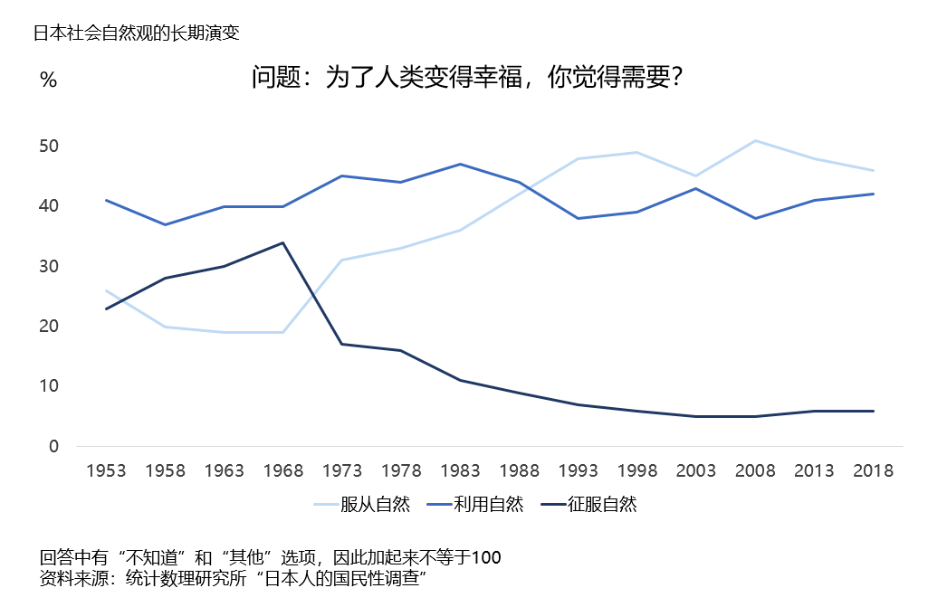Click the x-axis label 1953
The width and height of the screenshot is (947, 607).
[106, 471]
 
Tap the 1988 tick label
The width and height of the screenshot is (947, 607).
[520, 471]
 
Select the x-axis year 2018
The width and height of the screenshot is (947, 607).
[874, 471]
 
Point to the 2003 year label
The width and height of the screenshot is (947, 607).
[696, 471]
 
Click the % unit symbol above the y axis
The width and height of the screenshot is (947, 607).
[49, 81]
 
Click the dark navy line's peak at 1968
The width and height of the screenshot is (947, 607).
[283, 242]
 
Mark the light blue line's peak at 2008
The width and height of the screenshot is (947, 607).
[755, 140]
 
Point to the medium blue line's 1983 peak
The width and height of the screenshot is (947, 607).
[461, 164]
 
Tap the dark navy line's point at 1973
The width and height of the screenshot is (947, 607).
[342, 344]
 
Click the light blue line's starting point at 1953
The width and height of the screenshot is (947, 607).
[106, 290]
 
